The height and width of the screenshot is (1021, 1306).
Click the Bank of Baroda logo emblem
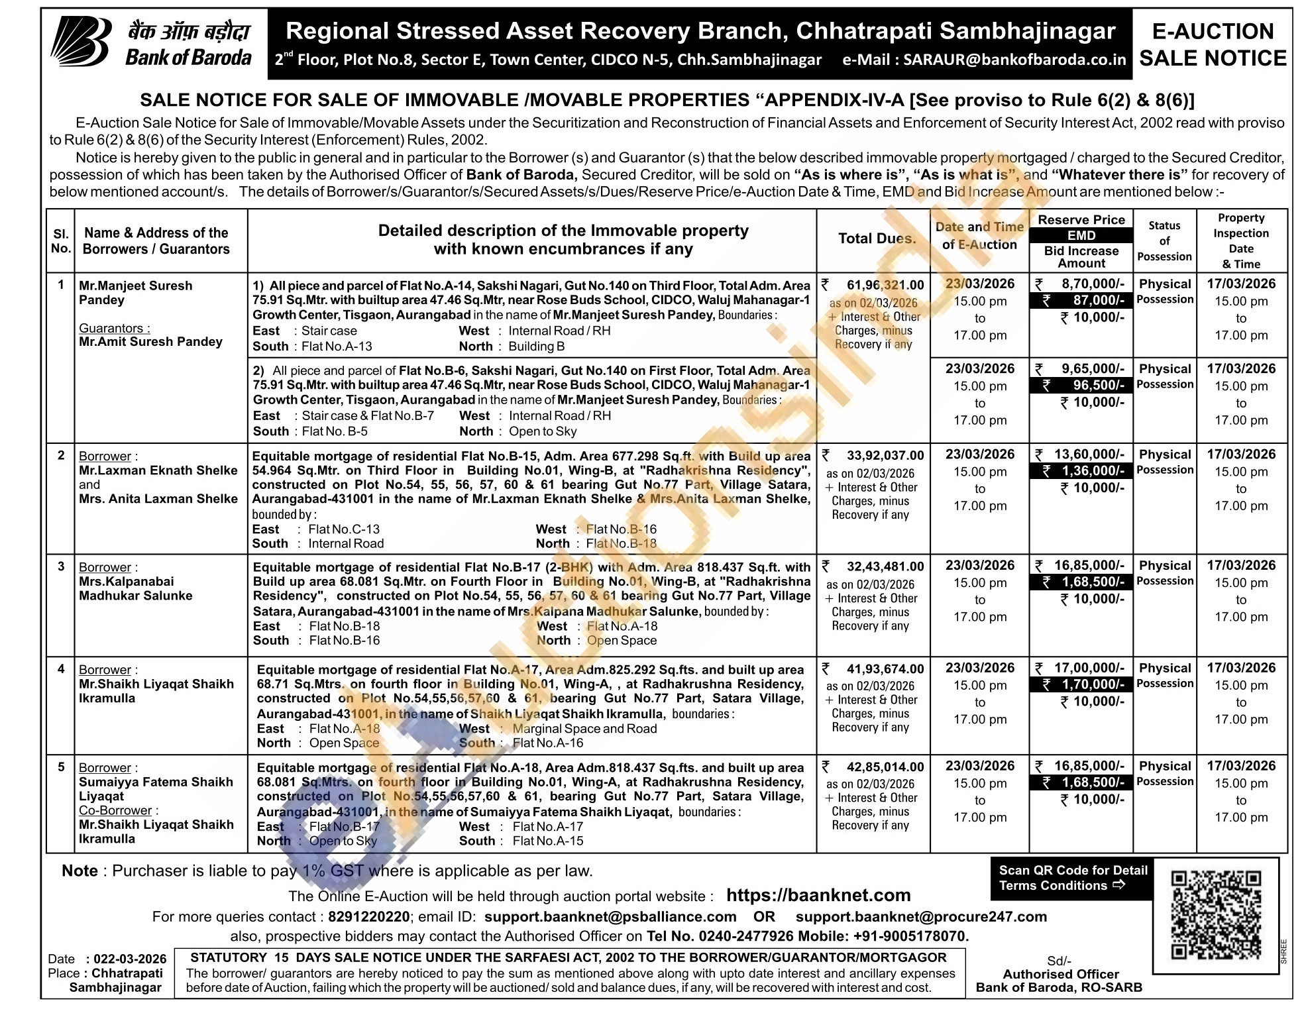pyautogui.click(x=82, y=41)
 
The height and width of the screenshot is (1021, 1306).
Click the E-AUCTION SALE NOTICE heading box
pyautogui.click(x=1213, y=44)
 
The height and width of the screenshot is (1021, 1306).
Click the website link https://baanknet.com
pyautogui.click(x=818, y=895)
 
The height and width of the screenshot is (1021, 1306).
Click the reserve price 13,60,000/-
pyautogui.click(x=1089, y=455)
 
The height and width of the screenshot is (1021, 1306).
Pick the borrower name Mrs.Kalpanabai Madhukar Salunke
pyautogui.click(x=136, y=588)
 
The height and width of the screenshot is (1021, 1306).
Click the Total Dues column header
pyautogui.click(x=877, y=239)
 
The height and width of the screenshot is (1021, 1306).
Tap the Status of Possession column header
pyautogui.click(x=1164, y=241)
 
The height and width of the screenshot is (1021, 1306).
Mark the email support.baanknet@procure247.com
pyautogui.click(x=921, y=917)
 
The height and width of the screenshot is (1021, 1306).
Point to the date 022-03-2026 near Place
pyautogui.click(x=129, y=959)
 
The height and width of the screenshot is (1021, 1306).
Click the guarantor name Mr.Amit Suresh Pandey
pyautogui.click(x=150, y=342)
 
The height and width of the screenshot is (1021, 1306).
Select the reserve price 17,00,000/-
pyautogui.click(x=1089, y=668)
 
